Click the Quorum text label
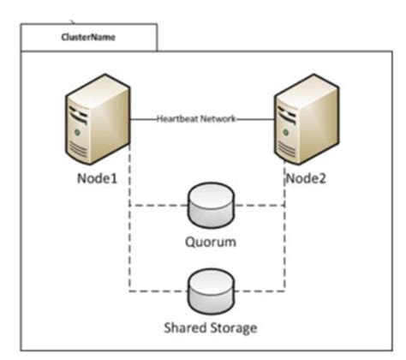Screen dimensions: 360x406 coord(210,242)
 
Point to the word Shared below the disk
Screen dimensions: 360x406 coord(182,327)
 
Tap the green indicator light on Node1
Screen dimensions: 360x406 coord(79,131)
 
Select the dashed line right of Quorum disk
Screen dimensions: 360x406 coord(260,207)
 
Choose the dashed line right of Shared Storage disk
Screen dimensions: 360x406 coord(260,291)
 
